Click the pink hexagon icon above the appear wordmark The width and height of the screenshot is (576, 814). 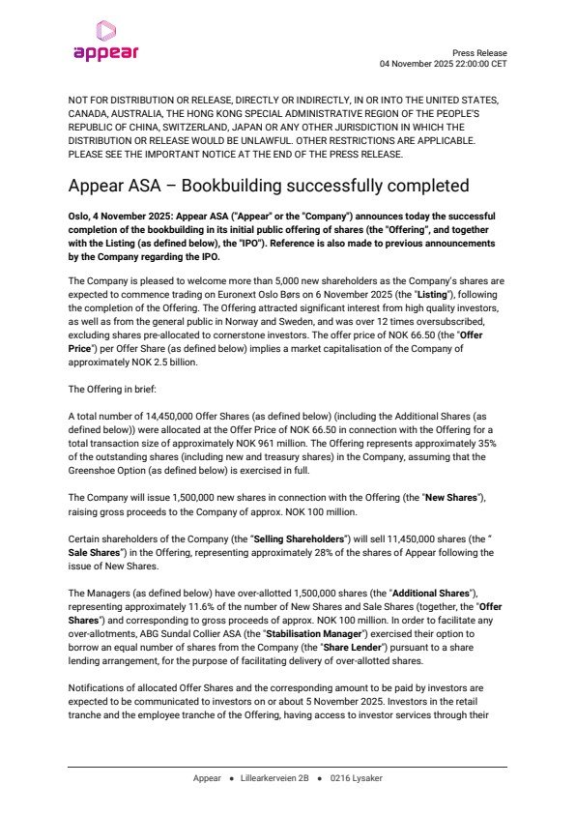pos(106,31)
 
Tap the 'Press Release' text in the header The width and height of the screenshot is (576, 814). pos(479,53)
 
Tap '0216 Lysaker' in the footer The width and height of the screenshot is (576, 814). pos(356,778)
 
